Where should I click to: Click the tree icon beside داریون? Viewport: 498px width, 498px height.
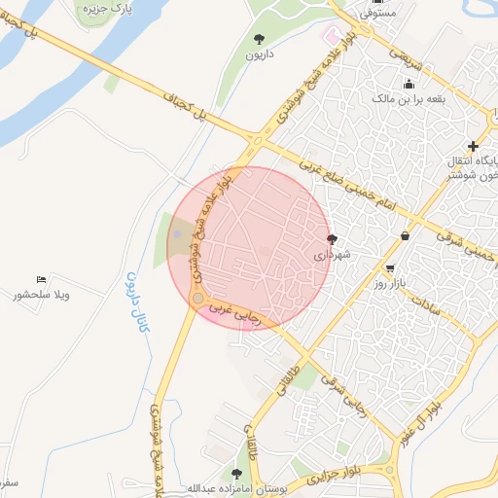point(259,39)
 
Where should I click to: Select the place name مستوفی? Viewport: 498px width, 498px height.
point(377,15)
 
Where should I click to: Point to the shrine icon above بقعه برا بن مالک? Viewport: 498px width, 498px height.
point(409,83)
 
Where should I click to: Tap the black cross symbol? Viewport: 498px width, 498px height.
point(473,146)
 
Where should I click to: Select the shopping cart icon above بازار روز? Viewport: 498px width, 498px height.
point(390,268)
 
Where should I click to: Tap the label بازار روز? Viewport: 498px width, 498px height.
point(389,284)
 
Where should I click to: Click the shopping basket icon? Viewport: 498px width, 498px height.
point(405,235)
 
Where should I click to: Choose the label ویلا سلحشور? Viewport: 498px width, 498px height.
point(41,295)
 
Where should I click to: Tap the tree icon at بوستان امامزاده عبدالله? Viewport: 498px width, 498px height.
point(236,473)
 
